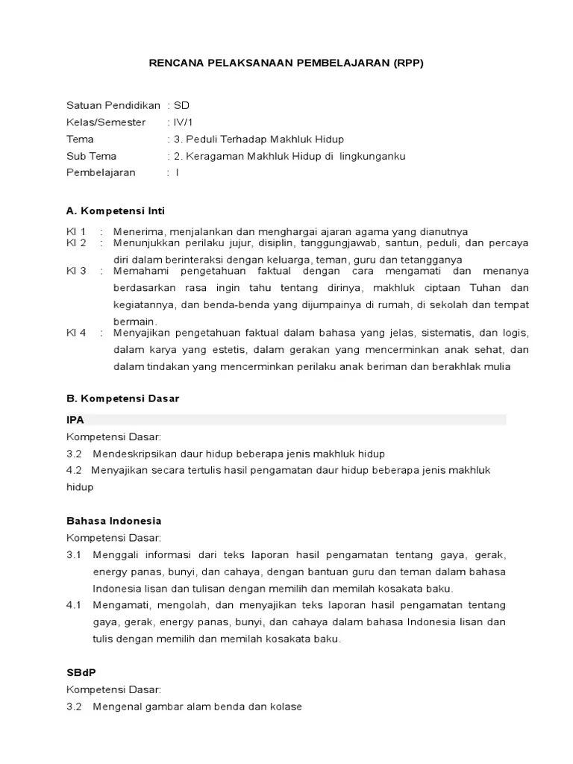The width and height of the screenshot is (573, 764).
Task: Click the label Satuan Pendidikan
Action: tap(113, 105)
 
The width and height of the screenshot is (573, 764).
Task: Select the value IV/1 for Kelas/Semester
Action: tap(182, 122)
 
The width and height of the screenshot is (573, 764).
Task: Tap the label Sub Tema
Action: tap(91, 156)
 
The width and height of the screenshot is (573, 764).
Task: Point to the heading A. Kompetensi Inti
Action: tap(116, 211)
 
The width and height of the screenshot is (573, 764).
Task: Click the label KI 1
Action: tap(76, 231)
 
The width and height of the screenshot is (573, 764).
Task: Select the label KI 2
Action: tap(76, 243)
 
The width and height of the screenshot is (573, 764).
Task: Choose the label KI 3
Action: tap(76, 270)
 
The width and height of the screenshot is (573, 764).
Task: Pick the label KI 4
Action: tap(76, 333)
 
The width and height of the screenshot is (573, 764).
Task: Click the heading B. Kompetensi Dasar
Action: tap(123, 398)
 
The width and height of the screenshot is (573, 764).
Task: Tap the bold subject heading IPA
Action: tap(75, 420)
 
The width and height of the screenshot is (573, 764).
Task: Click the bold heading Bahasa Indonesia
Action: tap(114, 521)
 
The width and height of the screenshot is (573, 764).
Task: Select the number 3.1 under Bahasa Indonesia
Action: tap(73, 555)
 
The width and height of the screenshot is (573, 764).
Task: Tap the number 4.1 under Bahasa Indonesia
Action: tap(73, 605)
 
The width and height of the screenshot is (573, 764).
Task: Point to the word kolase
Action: tap(286, 706)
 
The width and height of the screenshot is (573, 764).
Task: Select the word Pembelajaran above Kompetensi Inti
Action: tap(101, 172)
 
